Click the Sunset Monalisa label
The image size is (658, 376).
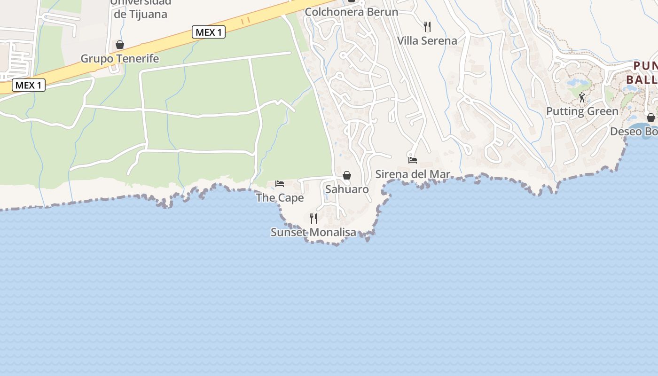click(x=313, y=232)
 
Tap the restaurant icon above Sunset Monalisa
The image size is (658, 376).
click(x=313, y=218)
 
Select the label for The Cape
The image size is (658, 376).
click(x=280, y=198)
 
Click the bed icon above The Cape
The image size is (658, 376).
click(x=280, y=183)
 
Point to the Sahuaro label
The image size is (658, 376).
click(x=347, y=189)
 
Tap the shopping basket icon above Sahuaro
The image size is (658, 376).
click(x=347, y=175)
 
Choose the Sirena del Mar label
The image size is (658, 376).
click(x=413, y=174)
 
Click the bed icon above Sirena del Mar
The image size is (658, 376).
click(x=413, y=160)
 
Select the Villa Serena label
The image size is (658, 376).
click(x=427, y=41)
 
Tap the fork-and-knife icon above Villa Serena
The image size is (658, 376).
click(x=427, y=26)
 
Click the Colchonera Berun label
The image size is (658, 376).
click(x=351, y=12)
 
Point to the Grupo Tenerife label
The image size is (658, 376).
click(x=120, y=59)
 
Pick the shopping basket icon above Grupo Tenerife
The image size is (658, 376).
click(x=120, y=45)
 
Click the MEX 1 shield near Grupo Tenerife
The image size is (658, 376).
click(x=209, y=32)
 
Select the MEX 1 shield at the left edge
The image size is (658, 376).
click(x=29, y=85)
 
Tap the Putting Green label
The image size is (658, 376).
click(x=582, y=111)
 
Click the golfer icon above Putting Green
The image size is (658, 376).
click(x=582, y=97)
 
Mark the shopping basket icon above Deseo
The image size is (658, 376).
click(x=651, y=117)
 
